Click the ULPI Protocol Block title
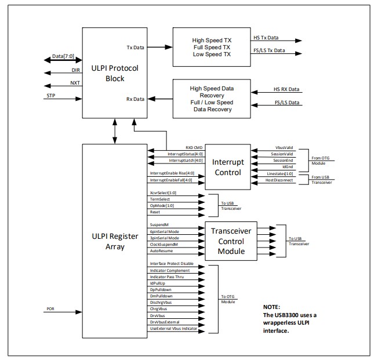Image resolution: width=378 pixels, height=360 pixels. tap(115, 73)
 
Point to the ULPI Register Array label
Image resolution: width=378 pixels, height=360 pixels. tap(115, 241)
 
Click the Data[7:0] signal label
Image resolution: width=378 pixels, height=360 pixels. tap(63, 56)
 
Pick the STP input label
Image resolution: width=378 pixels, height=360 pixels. tap(51, 96)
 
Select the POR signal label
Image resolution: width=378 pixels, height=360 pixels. tap(50, 308)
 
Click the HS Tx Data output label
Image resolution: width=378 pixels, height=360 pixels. tap(266, 38)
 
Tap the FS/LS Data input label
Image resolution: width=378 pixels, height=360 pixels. tap(287, 103)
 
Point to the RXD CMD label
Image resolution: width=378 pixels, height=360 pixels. tap(194, 148)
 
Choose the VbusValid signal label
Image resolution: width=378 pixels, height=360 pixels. tap(284, 148)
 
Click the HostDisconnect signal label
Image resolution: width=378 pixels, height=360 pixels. tap(279, 180)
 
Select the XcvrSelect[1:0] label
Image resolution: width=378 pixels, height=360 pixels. tap(163, 193)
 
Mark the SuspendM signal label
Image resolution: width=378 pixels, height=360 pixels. tap(159, 225)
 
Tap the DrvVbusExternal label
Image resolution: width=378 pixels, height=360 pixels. tap(165, 322)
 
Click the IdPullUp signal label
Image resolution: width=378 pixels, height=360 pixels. tap(158, 283)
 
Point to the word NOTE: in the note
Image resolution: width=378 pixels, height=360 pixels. tap(272, 307)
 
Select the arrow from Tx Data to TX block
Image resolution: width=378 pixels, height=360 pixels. tap(160, 47)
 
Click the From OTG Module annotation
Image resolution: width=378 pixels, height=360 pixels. tap(321, 161)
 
